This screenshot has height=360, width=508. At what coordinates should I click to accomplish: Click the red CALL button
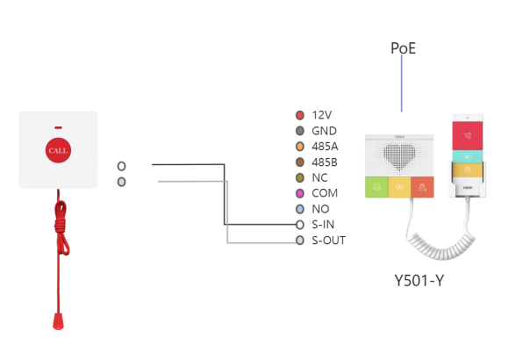coord(58,150)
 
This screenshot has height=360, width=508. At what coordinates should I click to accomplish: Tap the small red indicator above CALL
coord(58,128)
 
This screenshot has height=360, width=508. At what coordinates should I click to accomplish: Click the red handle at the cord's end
coord(58,321)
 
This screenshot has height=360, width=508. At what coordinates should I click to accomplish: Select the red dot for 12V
coord(300,115)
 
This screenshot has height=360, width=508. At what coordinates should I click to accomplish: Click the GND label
coord(324,131)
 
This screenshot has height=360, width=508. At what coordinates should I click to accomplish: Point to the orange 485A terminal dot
coord(300,147)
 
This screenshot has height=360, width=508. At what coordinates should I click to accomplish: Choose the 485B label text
coord(325,162)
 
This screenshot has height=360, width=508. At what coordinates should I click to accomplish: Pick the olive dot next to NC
coord(300,177)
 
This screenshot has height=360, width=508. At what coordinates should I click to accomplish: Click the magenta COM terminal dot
coord(300,193)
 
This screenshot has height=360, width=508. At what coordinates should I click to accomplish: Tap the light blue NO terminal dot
coord(300,209)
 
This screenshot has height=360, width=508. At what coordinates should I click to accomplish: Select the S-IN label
coord(323,225)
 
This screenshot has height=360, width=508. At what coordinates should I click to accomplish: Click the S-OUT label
coord(328,241)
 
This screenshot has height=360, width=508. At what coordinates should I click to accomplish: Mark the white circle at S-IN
coord(300,225)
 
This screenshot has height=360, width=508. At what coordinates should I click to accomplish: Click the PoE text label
coord(403,48)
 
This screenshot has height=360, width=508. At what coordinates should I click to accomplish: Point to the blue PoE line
coord(402,83)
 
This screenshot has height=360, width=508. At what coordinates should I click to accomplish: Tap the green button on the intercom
coord(376,187)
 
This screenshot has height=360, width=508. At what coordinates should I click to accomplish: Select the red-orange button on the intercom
coord(423,187)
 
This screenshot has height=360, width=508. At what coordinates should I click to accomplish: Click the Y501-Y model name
coord(419,280)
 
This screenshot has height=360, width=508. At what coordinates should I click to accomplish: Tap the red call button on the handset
coord(468,135)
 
